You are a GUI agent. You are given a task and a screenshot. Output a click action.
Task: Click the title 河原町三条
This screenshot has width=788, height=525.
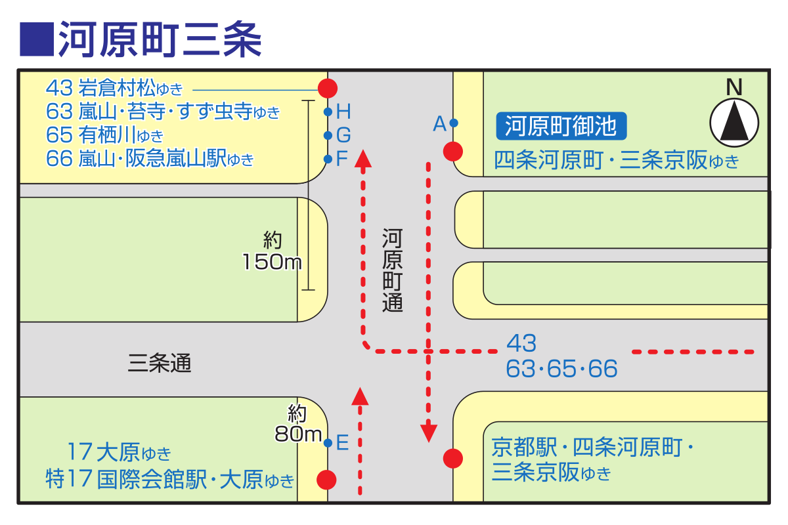[160, 39]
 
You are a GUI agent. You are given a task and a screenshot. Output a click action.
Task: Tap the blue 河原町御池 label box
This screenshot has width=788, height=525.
[561, 126]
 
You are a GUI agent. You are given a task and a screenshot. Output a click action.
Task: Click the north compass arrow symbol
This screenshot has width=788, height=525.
[734, 122]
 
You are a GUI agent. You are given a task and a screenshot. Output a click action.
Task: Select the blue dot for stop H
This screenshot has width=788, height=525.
[328, 112]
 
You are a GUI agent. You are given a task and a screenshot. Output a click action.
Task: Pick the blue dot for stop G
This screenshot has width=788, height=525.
[328, 135]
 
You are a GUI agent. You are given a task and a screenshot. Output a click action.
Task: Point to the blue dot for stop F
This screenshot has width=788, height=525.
[328, 159]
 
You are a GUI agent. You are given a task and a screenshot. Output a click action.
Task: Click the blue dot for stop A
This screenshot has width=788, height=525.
[454, 123]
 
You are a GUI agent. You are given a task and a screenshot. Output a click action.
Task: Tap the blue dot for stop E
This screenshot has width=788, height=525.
[328, 443]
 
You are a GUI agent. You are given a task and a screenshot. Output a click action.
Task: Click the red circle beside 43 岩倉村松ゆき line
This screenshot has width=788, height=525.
[328, 88]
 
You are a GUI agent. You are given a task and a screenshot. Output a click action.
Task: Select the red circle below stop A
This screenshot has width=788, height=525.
[453, 152]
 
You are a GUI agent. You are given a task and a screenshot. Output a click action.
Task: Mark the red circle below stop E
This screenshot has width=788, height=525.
[326, 480]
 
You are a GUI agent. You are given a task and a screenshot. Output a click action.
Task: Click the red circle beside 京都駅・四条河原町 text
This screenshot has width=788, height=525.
[453, 459]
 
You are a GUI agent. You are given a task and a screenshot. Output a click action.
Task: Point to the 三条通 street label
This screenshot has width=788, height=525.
[160, 363]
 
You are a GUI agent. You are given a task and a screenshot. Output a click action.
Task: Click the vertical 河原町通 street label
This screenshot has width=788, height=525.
[392, 270]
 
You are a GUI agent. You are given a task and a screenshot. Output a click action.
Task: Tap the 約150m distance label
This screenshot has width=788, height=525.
[272, 251]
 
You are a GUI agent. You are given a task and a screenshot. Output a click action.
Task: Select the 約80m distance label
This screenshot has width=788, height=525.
[298, 423]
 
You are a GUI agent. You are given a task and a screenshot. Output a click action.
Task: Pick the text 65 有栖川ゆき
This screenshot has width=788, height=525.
[105, 135]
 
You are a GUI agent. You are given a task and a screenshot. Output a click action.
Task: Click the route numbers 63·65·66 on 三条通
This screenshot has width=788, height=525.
[561, 369]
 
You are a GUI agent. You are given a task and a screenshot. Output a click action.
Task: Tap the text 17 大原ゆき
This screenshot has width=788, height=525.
[119, 452]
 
